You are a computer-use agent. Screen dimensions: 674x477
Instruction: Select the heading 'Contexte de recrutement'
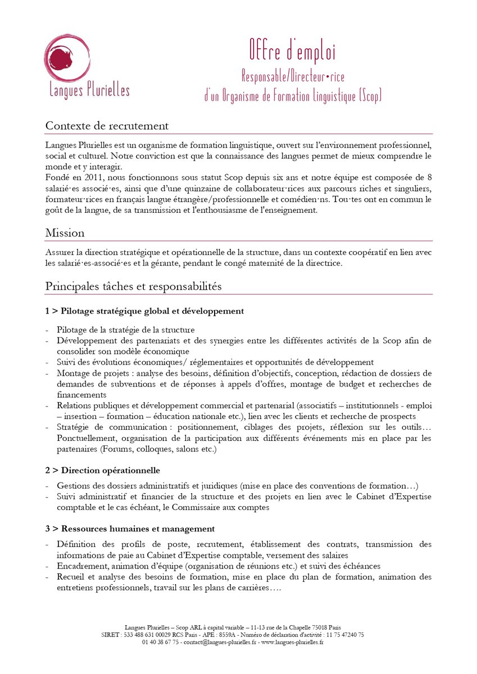tap(107, 126)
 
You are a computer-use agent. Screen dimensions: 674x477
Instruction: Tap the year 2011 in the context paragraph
tap(89, 176)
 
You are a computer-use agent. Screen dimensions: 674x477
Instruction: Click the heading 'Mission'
tap(65, 232)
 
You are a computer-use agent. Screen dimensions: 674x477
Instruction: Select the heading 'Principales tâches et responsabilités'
tap(133, 286)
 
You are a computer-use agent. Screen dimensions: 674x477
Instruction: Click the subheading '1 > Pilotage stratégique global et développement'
tap(144, 311)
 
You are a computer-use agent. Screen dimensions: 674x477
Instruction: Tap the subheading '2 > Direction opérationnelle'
tap(103, 470)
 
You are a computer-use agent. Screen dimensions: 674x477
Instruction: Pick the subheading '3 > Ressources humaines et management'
tap(130, 529)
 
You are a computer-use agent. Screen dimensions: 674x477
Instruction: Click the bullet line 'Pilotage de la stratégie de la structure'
tap(125, 330)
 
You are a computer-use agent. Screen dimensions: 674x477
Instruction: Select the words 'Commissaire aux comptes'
tap(224, 507)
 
